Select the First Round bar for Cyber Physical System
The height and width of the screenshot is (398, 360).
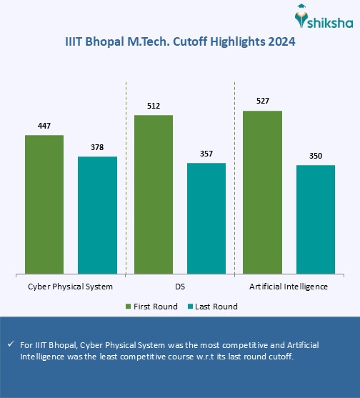tap(44, 204)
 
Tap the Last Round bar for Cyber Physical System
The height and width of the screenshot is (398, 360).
tap(97, 214)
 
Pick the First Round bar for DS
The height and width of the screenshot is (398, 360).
tap(154, 194)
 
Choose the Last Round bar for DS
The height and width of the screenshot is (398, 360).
tap(206, 218)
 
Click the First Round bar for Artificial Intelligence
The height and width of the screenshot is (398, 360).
tap(263, 191)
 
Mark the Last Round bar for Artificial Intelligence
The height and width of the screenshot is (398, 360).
tap(316, 219)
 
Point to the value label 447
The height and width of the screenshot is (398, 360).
tap(44, 126)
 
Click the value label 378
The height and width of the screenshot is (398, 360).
tap(97, 148)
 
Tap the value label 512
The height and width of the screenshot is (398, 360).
tap(154, 106)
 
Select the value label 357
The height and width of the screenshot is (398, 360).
tap(206, 154)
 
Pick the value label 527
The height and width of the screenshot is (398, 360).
tap(263, 102)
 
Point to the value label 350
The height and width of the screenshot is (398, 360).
tap(316, 156)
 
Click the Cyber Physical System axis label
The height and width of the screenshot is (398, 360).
tap(70, 287)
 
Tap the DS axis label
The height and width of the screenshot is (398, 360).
tap(180, 287)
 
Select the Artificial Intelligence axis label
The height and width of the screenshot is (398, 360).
tap(289, 287)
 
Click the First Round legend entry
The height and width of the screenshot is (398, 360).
tap(151, 307)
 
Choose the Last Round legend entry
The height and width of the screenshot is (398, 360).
tap(212, 307)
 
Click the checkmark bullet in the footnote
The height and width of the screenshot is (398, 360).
tap(10, 344)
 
